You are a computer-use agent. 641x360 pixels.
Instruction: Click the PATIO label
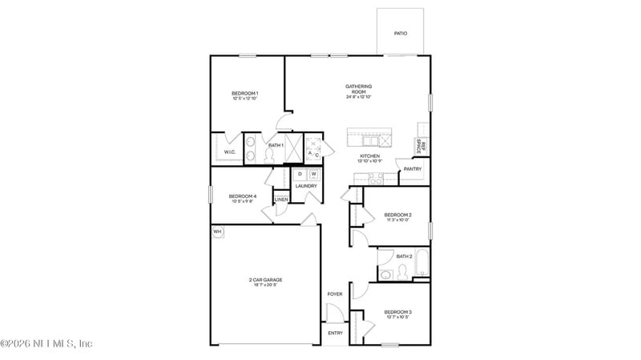(400, 34)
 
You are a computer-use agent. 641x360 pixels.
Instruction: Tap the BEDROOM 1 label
(244, 94)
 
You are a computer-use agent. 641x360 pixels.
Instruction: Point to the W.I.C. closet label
(229, 152)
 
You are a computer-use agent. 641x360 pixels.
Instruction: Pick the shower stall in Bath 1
(293, 148)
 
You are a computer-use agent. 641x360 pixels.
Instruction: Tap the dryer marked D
(300, 174)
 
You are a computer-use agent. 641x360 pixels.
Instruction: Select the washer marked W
(313, 174)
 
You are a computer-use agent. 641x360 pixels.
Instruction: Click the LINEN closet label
(281, 199)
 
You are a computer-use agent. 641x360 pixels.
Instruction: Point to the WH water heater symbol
(217, 232)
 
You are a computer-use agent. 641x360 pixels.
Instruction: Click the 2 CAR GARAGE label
(264, 280)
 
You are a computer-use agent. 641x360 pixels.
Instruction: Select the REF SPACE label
(420, 146)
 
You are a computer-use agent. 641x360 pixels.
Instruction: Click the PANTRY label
(413, 169)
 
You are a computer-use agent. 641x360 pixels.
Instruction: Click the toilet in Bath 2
(403, 273)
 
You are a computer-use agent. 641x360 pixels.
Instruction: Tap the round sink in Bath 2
(386, 274)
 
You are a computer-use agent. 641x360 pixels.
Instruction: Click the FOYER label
(335, 294)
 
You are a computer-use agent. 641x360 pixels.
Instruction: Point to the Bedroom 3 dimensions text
(397, 317)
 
